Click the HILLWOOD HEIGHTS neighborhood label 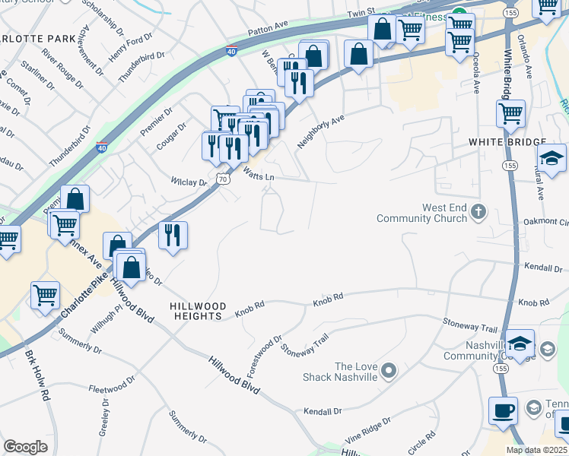click(x=196, y=309)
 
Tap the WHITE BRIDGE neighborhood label click(x=507, y=142)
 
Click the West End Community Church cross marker click(x=478, y=211)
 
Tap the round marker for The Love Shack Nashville click(x=389, y=371)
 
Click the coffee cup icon click(x=503, y=411)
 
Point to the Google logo click(x=25, y=446)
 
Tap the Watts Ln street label click(x=258, y=176)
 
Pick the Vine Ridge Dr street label click(x=367, y=429)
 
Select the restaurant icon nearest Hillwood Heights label click(x=173, y=236)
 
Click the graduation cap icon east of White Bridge click(x=552, y=159)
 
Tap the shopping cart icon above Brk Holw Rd click(x=46, y=295)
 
